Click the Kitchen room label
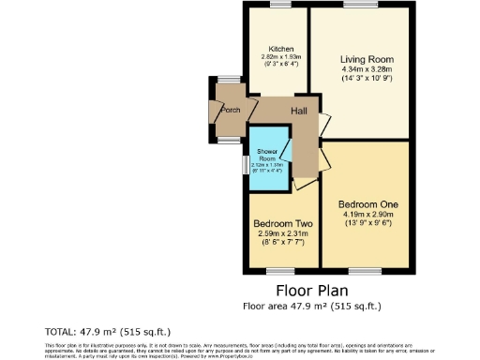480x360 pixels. point(281,49)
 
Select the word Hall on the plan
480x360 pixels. point(300,112)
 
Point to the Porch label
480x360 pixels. point(230,110)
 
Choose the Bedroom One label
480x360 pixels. point(361,203)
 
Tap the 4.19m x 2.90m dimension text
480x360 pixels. point(361,214)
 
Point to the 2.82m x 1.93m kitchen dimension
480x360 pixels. point(281,57)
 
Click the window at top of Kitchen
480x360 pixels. point(279,5)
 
